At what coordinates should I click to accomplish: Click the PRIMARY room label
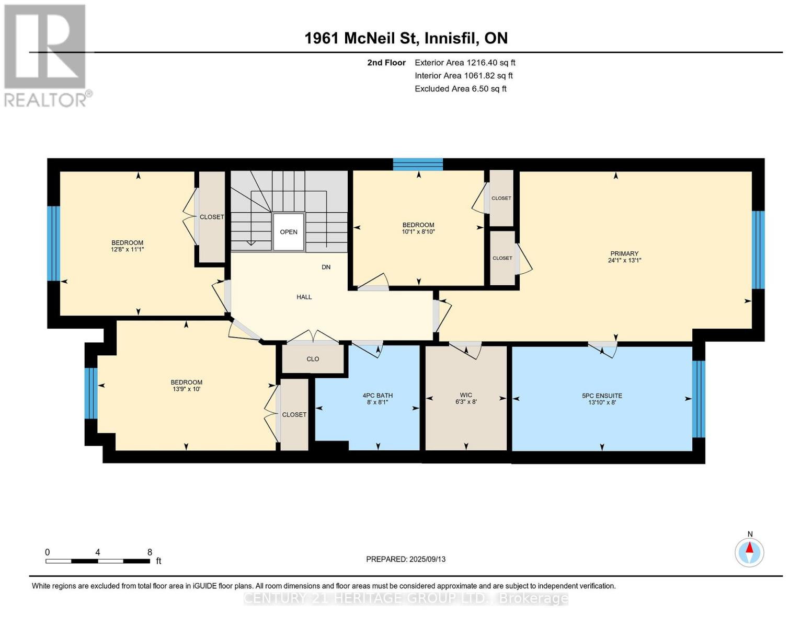[x=624, y=253]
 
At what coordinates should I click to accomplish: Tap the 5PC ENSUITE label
[x=602, y=396]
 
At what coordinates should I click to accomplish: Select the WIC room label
[x=466, y=395]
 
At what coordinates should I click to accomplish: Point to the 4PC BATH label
[x=378, y=396]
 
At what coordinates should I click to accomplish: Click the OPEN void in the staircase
[x=289, y=232]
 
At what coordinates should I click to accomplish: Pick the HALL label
[x=304, y=297]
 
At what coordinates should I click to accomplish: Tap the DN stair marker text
[x=326, y=267]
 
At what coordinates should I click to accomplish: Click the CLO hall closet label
[x=313, y=359]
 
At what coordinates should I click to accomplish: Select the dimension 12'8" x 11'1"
[x=128, y=249]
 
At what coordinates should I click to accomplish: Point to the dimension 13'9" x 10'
[x=187, y=389]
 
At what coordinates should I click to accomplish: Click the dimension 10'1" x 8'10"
[x=418, y=231]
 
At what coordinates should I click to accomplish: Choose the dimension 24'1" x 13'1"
[x=624, y=260]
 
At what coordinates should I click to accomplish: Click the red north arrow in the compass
[x=750, y=548]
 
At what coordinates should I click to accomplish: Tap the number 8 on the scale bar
[x=150, y=552]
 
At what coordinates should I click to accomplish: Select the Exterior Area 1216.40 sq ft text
[x=465, y=63]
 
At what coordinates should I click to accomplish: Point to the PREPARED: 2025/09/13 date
[x=406, y=559]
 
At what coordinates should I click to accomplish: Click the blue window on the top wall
[x=418, y=164]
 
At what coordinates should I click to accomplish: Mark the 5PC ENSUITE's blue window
[x=699, y=399]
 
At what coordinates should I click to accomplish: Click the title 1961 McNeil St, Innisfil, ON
[x=406, y=38]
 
